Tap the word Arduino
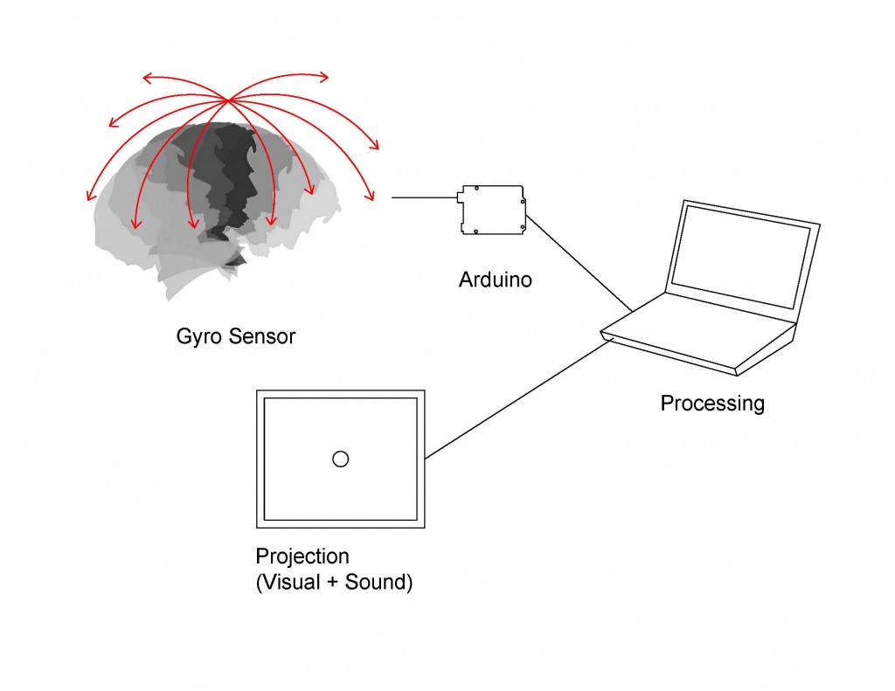point(495,280)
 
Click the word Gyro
point(197,335)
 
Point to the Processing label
point(712,404)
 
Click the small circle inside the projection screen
point(341,459)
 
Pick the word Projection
point(302,557)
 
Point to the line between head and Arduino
point(423,198)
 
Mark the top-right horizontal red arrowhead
point(324,77)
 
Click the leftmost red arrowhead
point(89,196)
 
